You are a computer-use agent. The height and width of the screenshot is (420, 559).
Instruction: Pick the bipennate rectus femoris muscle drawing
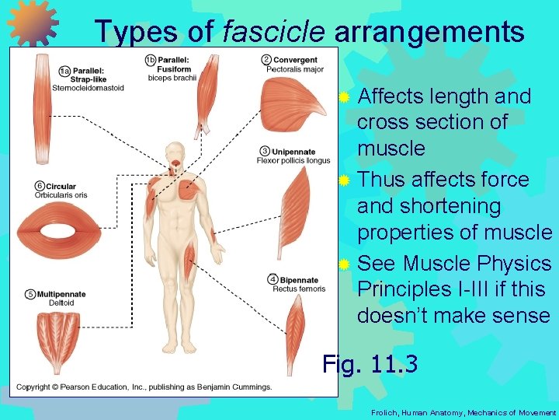[296, 331]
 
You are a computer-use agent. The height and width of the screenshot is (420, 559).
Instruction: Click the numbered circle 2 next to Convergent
[266, 59]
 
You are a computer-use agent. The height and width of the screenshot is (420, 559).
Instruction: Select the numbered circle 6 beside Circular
[39, 186]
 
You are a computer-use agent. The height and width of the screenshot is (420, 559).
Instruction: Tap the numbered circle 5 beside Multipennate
[30, 294]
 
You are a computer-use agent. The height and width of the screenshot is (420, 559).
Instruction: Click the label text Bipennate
[299, 280]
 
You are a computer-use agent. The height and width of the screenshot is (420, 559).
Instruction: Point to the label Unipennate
[296, 151]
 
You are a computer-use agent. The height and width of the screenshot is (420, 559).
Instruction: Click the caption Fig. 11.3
[370, 363]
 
